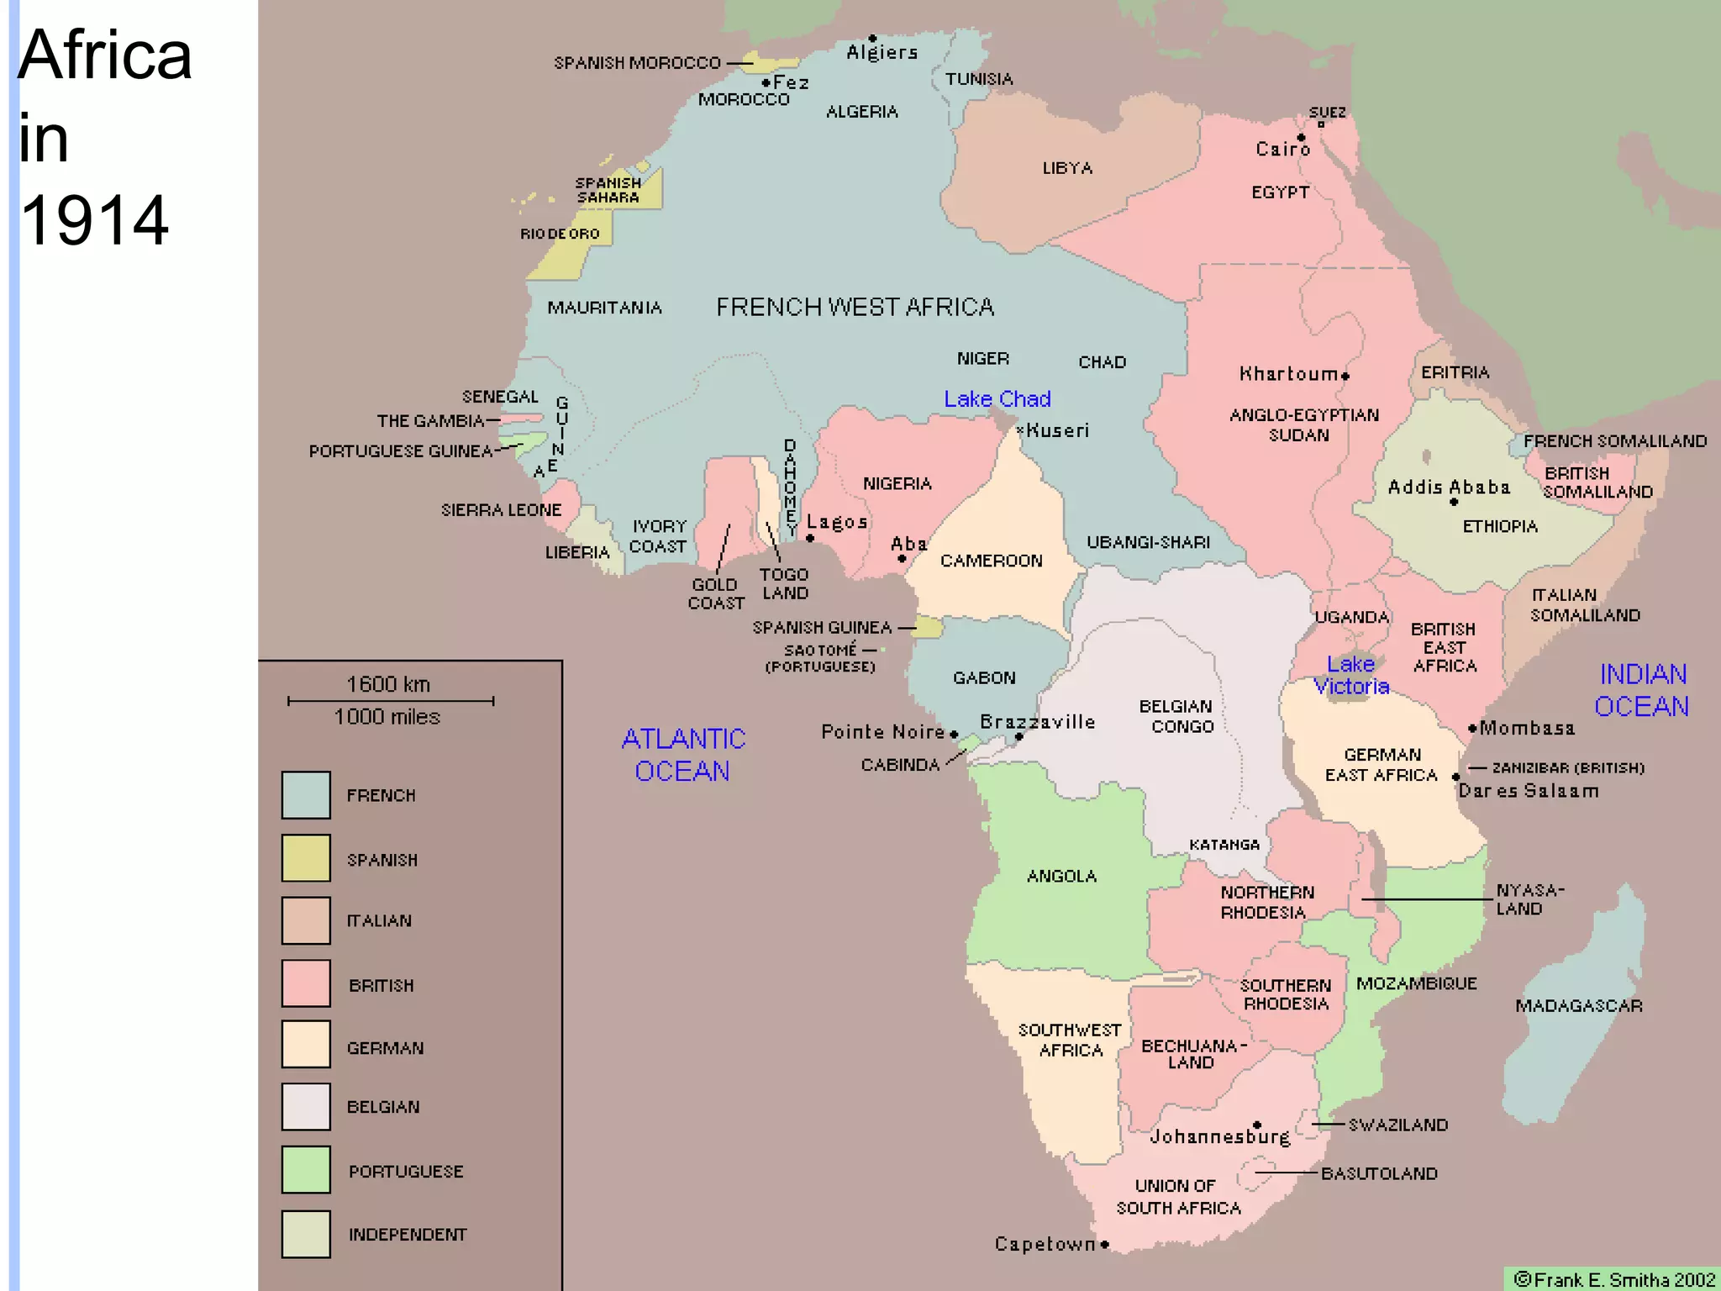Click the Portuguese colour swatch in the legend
pos(306,1170)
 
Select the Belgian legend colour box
pos(306,1106)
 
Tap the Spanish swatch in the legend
pos(306,858)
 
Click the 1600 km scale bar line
pos(391,700)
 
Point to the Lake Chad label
pos(997,399)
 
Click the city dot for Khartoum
pos(1345,376)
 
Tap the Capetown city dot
pos(1105,1244)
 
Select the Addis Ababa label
pos(1449,487)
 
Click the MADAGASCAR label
pos(1578,1005)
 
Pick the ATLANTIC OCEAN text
pos(682,755)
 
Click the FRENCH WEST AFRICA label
pos(855,307)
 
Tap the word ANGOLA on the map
pos(1061,876)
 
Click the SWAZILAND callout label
pos(1398,1125)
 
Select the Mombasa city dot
pos(1472,729)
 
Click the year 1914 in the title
pos(94,220)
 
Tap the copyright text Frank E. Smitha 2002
pos(1614,1279)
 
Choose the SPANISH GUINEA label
pos(822,627)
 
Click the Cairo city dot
pos(1301,138)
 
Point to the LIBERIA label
pos(576,552)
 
